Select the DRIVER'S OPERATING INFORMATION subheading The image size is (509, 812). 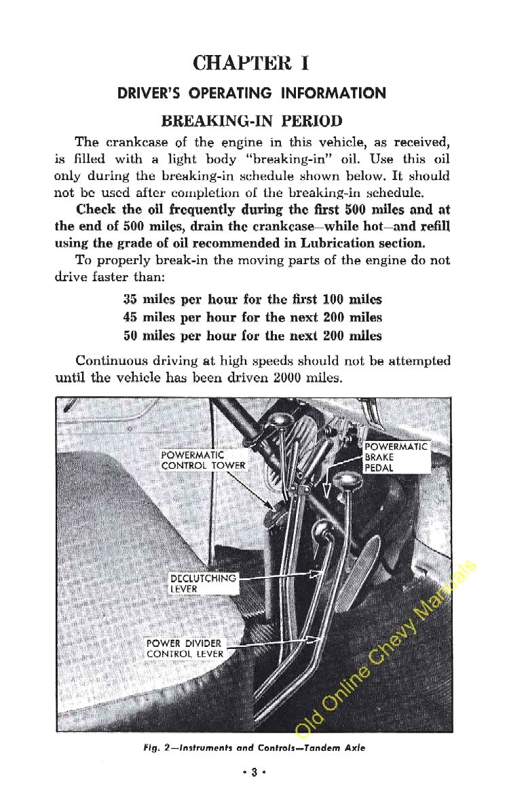point(252,93)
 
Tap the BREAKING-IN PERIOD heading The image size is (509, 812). point(252,122)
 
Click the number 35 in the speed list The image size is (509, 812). point(130,300)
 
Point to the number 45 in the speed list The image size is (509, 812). point(130,317)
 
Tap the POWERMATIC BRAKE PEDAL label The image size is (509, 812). point(396,457)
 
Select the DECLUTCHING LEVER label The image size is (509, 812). point(202,583)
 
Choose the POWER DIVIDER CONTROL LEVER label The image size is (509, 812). point(185,648)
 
